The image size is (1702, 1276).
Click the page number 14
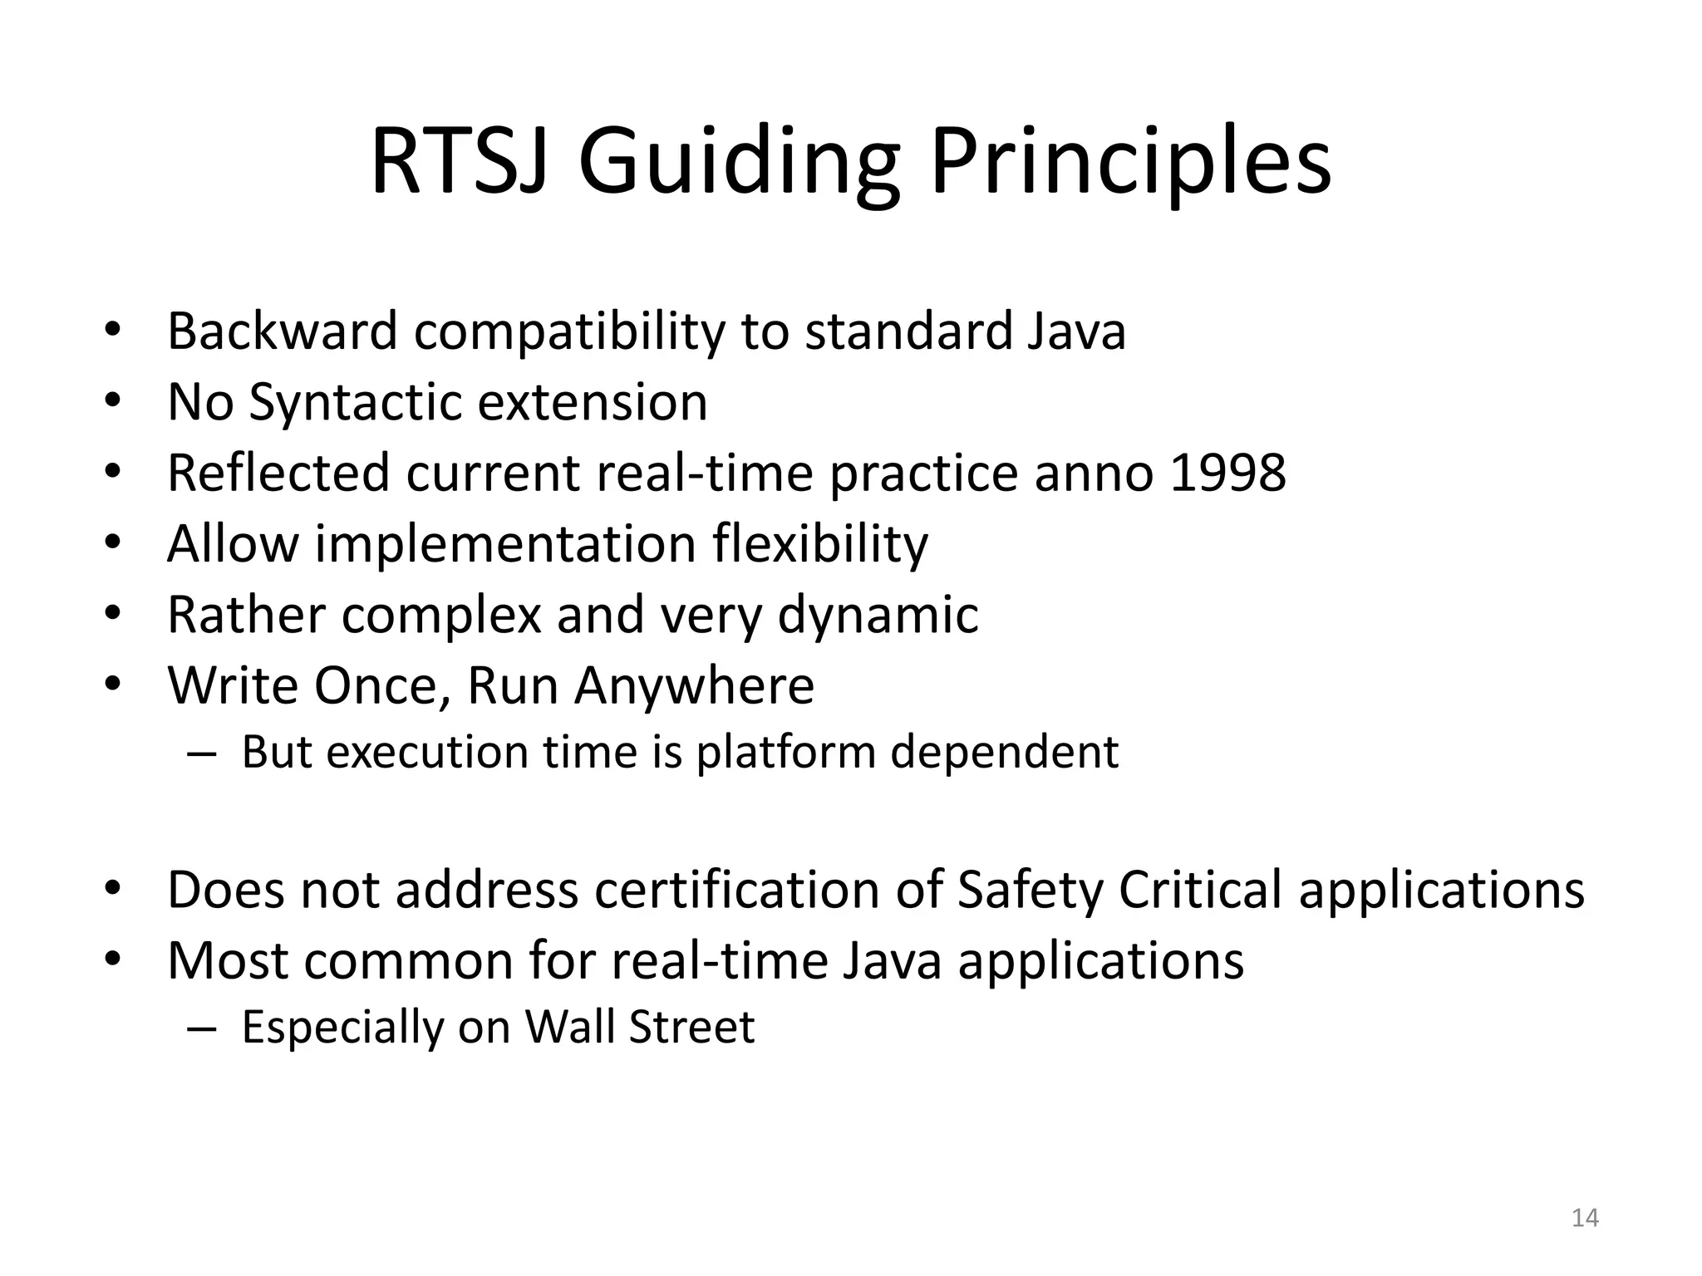[1585, 1218]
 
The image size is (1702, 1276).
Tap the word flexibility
[819, 544]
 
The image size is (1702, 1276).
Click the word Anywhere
[694, 685]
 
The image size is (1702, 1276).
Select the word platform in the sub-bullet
[785, 752]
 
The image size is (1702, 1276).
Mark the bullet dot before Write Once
[113, 685]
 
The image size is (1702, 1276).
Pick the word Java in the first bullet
[1076, 331]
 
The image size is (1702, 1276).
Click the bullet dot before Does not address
[113, 890]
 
